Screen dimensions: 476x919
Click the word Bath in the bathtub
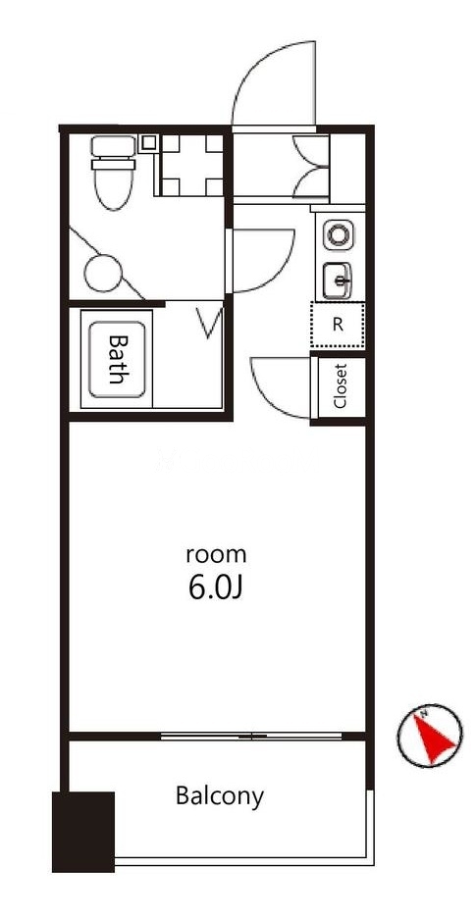117,359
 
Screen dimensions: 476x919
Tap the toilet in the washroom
114,173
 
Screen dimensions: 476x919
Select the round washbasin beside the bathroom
103,273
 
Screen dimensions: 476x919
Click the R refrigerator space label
338,326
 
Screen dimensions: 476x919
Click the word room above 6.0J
216,554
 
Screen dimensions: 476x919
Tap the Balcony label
220,796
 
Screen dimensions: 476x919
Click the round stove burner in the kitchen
339,235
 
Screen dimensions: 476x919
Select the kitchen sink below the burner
338,281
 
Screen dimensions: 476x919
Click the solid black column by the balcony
83,832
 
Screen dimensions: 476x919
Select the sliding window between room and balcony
251,737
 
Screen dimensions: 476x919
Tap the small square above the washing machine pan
148,141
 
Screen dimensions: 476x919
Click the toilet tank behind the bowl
114,145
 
